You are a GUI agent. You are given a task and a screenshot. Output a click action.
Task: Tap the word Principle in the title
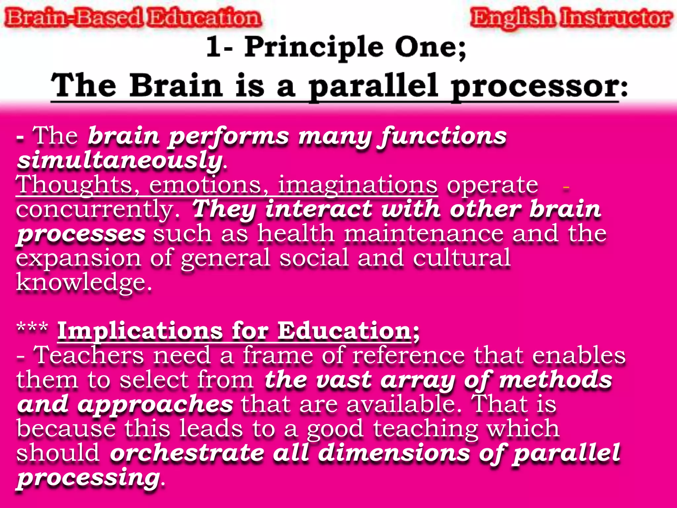click(314, 47)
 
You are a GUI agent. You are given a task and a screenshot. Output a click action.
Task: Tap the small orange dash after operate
click(566, 188)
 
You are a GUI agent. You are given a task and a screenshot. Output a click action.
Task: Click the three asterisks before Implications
click(32, 328)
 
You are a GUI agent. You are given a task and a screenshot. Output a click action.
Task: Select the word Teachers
click(89, 355)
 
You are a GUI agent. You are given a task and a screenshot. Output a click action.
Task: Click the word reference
click(408, 355)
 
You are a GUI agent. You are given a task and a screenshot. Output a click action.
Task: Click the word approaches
click(155, 405)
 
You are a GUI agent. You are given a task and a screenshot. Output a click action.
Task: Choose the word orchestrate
click(187, 453)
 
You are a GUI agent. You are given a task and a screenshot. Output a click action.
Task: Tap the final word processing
click(89, 478)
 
